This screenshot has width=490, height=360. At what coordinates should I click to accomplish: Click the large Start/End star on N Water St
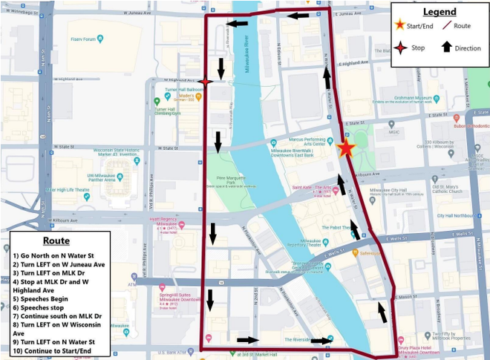pos(345,148)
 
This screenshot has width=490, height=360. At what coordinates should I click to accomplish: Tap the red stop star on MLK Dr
pos(206,82)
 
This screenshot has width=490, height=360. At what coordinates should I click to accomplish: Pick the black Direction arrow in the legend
pos(446,47)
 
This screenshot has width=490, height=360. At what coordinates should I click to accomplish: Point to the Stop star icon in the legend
pos(400,48)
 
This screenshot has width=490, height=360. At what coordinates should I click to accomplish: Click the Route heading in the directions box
pos(56,241)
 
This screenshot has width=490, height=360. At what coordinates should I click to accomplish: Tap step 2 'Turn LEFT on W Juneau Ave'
pos(59,264)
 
